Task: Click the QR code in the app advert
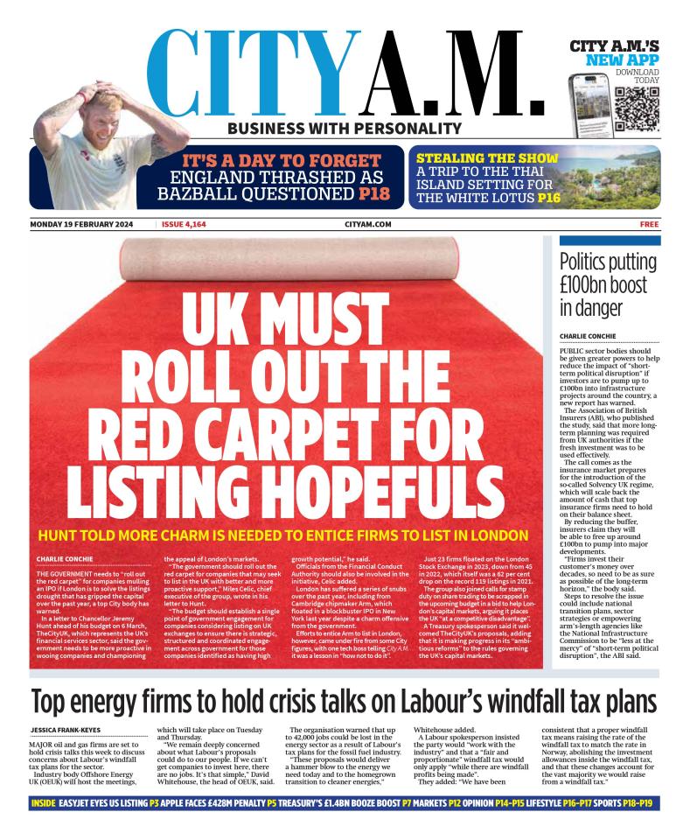[636, 108]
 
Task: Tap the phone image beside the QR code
[588, 100]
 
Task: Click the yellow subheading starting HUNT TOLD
[282, 535]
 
